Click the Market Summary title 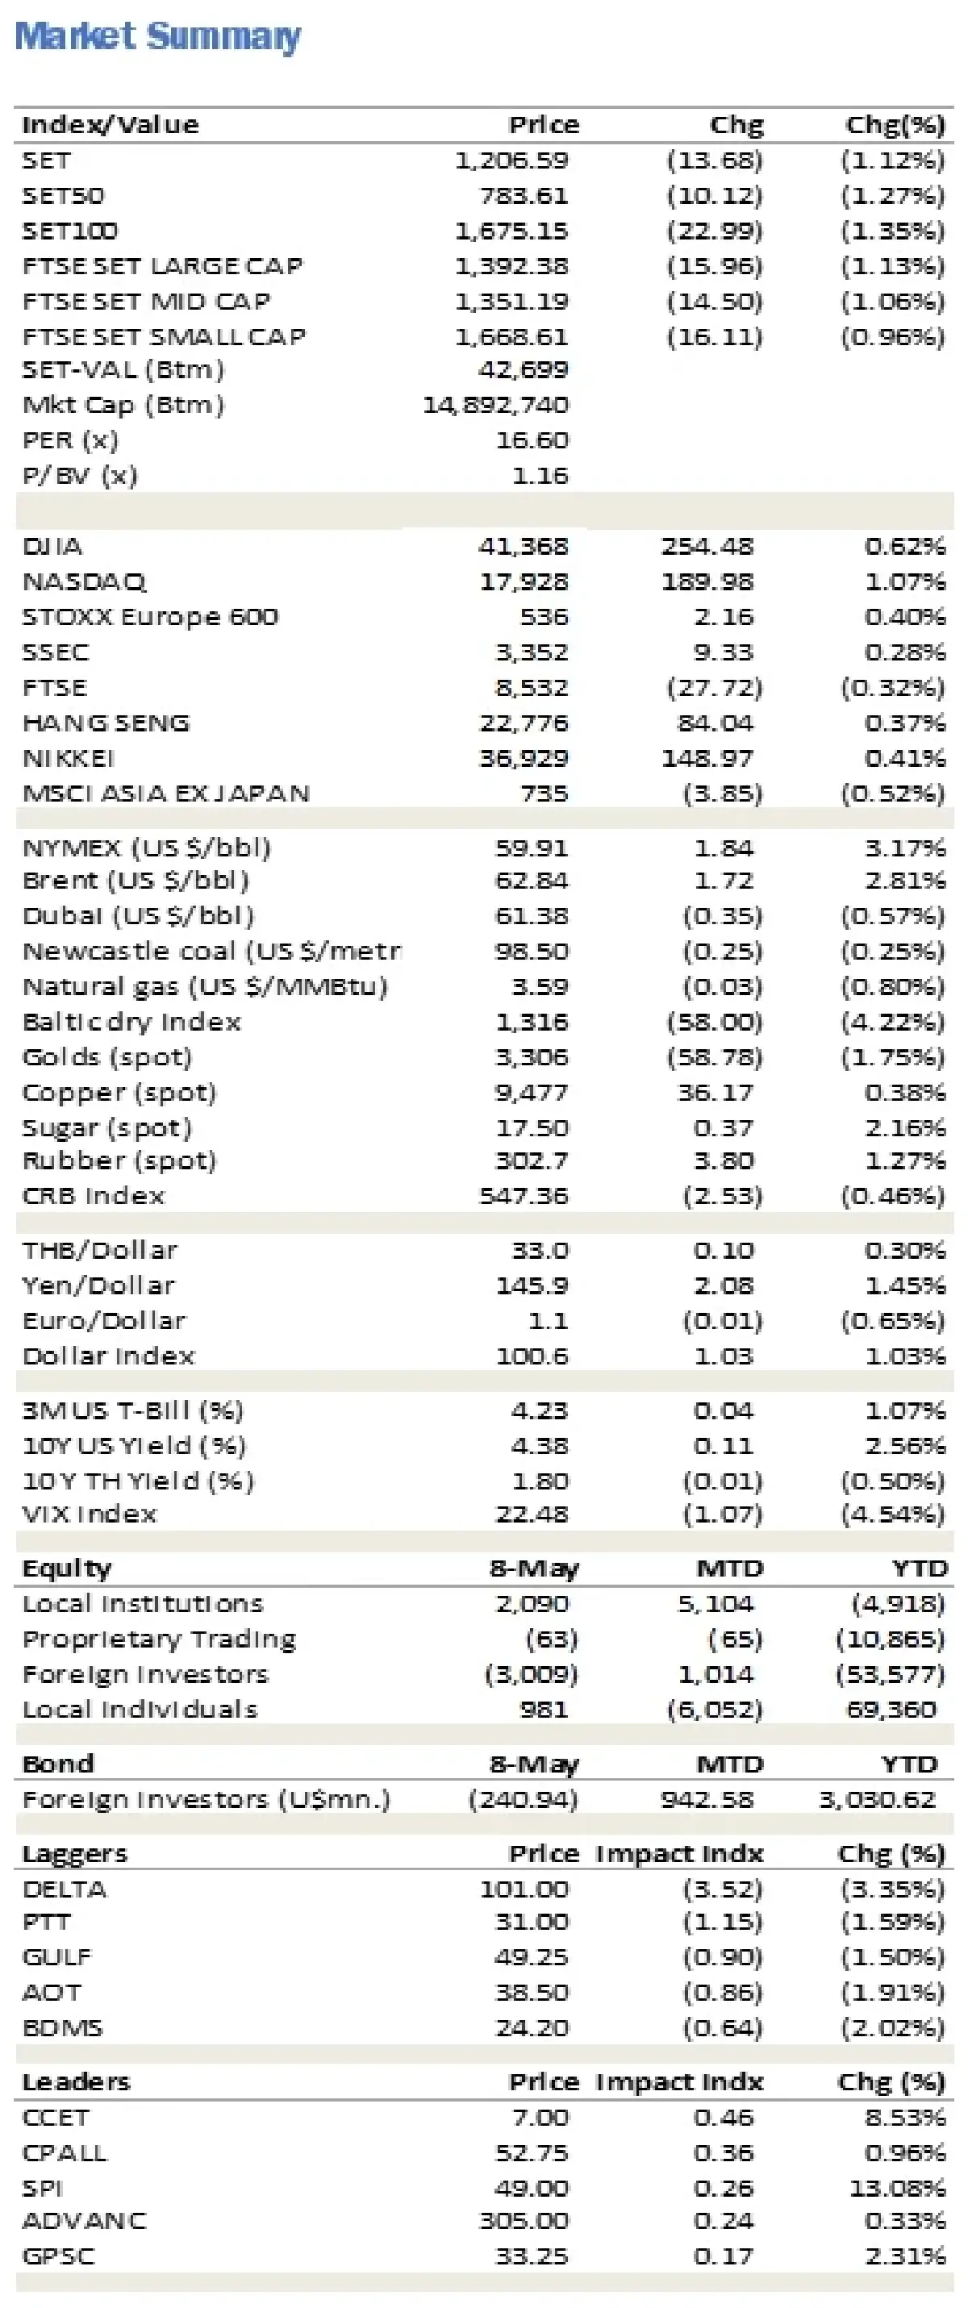click(158, 35)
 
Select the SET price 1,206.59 click(511, 160)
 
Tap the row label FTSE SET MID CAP click(146, 301)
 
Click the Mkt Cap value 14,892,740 click(495, 405)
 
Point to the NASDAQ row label click(84, 581)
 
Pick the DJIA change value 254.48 click(707, 546)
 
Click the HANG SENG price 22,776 click(524, 723)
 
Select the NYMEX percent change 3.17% click(904, 848)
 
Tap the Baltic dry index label click(131, 1022)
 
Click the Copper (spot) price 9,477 click(532, 1092)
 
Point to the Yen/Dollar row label click(98, 1285)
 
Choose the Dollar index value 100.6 click(532, 1356)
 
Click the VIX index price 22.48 click(532, 1514)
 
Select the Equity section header click(66, 1568)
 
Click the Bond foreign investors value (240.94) click(523, 1799)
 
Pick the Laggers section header click(74, 1853)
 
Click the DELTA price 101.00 click(524, 1889)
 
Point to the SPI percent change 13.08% click(897, 2188)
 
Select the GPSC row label click(58, 2255)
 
